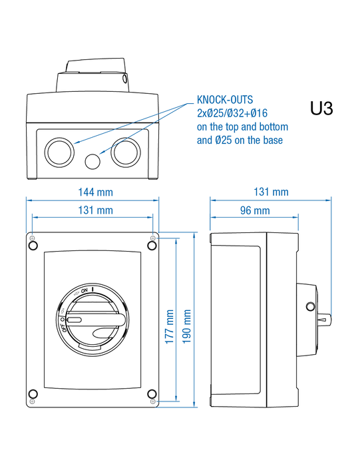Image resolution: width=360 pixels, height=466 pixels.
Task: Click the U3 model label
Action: pyautogui.click(x=321, y=108)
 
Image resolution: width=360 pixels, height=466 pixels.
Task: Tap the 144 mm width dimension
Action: pyautogui.click(x=95, y=192)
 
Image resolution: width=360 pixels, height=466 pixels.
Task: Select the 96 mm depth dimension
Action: pyautogui.click(x=255, y=211)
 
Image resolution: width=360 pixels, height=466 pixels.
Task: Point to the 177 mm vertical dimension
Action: pyautogui.click(x=169, y=327)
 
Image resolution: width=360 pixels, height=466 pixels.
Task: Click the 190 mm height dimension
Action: pyautogui.click(x=186, y=327)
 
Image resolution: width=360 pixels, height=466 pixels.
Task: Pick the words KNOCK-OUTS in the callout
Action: pyautogui.click(x=225, y=100)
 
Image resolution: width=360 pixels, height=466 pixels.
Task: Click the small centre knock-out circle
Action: pyautogui.click(x=92, y=161)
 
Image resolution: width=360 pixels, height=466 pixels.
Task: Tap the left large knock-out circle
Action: pyautogui.click(x=59, y=152)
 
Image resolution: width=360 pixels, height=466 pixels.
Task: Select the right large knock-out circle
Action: pyautogui.click(x=126, y=152)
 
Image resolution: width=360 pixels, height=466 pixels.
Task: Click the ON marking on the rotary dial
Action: pyautogui.click(x=85, y=290)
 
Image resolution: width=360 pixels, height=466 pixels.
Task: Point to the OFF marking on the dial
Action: pyautogui.click(x=65, y=328)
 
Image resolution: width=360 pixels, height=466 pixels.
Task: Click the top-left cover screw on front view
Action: pyautogui.click(x=33, y=246)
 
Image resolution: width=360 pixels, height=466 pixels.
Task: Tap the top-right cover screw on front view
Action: pyautogui.click(x=152, y=246)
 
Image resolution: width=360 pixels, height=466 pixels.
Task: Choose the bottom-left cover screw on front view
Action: pyautogui.click(x=33, y=394)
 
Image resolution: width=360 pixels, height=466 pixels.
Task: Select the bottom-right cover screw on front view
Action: pyautogui.click(x=152, y=394)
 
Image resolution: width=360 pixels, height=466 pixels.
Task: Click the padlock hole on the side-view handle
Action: pyautogui.click(x=310, y=306)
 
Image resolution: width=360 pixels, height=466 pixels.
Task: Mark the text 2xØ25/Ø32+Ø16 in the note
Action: pyautogui.click(x=232, y=113)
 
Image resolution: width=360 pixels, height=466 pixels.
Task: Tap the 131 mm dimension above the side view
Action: pyautogui.click(x=271, y=192)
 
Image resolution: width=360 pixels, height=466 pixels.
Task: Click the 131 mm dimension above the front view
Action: pyautogui.click(x=95, y=210)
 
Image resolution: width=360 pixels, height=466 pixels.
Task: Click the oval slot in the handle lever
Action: pyautogui.click(x=75, y=320)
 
